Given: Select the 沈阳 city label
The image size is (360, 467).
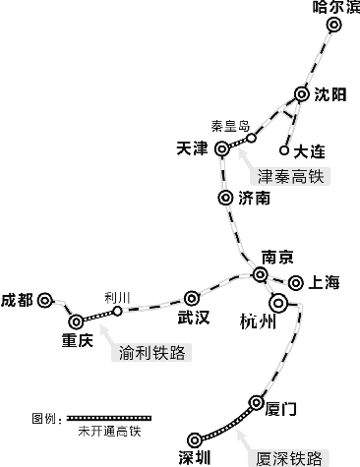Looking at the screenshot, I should [x=330, y=94].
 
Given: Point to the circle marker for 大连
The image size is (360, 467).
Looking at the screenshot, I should [x=285, y=150].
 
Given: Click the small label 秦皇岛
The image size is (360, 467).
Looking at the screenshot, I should [x=230, y=126].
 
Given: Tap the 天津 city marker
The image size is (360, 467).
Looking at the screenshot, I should [x=222, y=148].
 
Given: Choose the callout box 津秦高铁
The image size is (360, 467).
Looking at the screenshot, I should [x=289, y=177].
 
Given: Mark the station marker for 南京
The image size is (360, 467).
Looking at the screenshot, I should [x=262, y=274].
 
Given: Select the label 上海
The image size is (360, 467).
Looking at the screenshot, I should [x=323, y=283].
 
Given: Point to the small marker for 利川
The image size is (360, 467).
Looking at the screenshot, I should [x=117, y=311].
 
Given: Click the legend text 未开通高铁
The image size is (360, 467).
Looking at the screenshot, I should [x=106, y=432].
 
